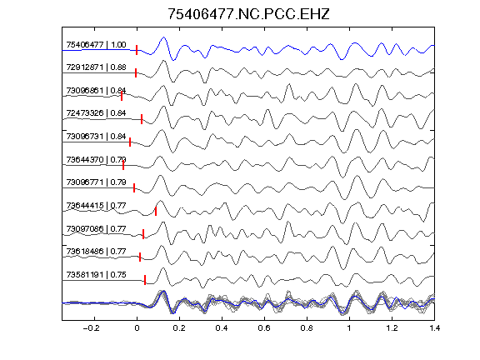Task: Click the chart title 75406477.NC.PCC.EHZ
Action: (x=248, y=14)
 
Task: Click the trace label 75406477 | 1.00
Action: (x=96, y=45)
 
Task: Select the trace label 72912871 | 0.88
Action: (x=96, y=67)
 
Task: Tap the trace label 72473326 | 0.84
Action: (x=96, y=113)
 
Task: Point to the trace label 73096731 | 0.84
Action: (x=96, y=136)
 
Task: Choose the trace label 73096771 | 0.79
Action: (x=96, y=182)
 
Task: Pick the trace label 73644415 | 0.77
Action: (x=96, y=205)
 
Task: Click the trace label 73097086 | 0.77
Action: (x=96, y=228)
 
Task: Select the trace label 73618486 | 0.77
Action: (x=96, y=252)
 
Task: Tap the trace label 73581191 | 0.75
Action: (x=96, y=275)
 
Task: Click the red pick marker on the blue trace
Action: (x=137, y=50)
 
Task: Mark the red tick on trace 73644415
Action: (x=156, y=211)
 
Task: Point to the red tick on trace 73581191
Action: (x=145, y=280)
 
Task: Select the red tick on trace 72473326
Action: (x=142, y=119)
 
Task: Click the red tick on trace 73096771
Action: (x=134, y=188)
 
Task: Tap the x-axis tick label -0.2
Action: (x=91, y=328)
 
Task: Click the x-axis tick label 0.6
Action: (x=264, y=328)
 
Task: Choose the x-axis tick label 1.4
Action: (x=434, y=328)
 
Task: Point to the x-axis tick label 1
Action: (x=349, y=328)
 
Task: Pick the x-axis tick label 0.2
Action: (x=179, y=328)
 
